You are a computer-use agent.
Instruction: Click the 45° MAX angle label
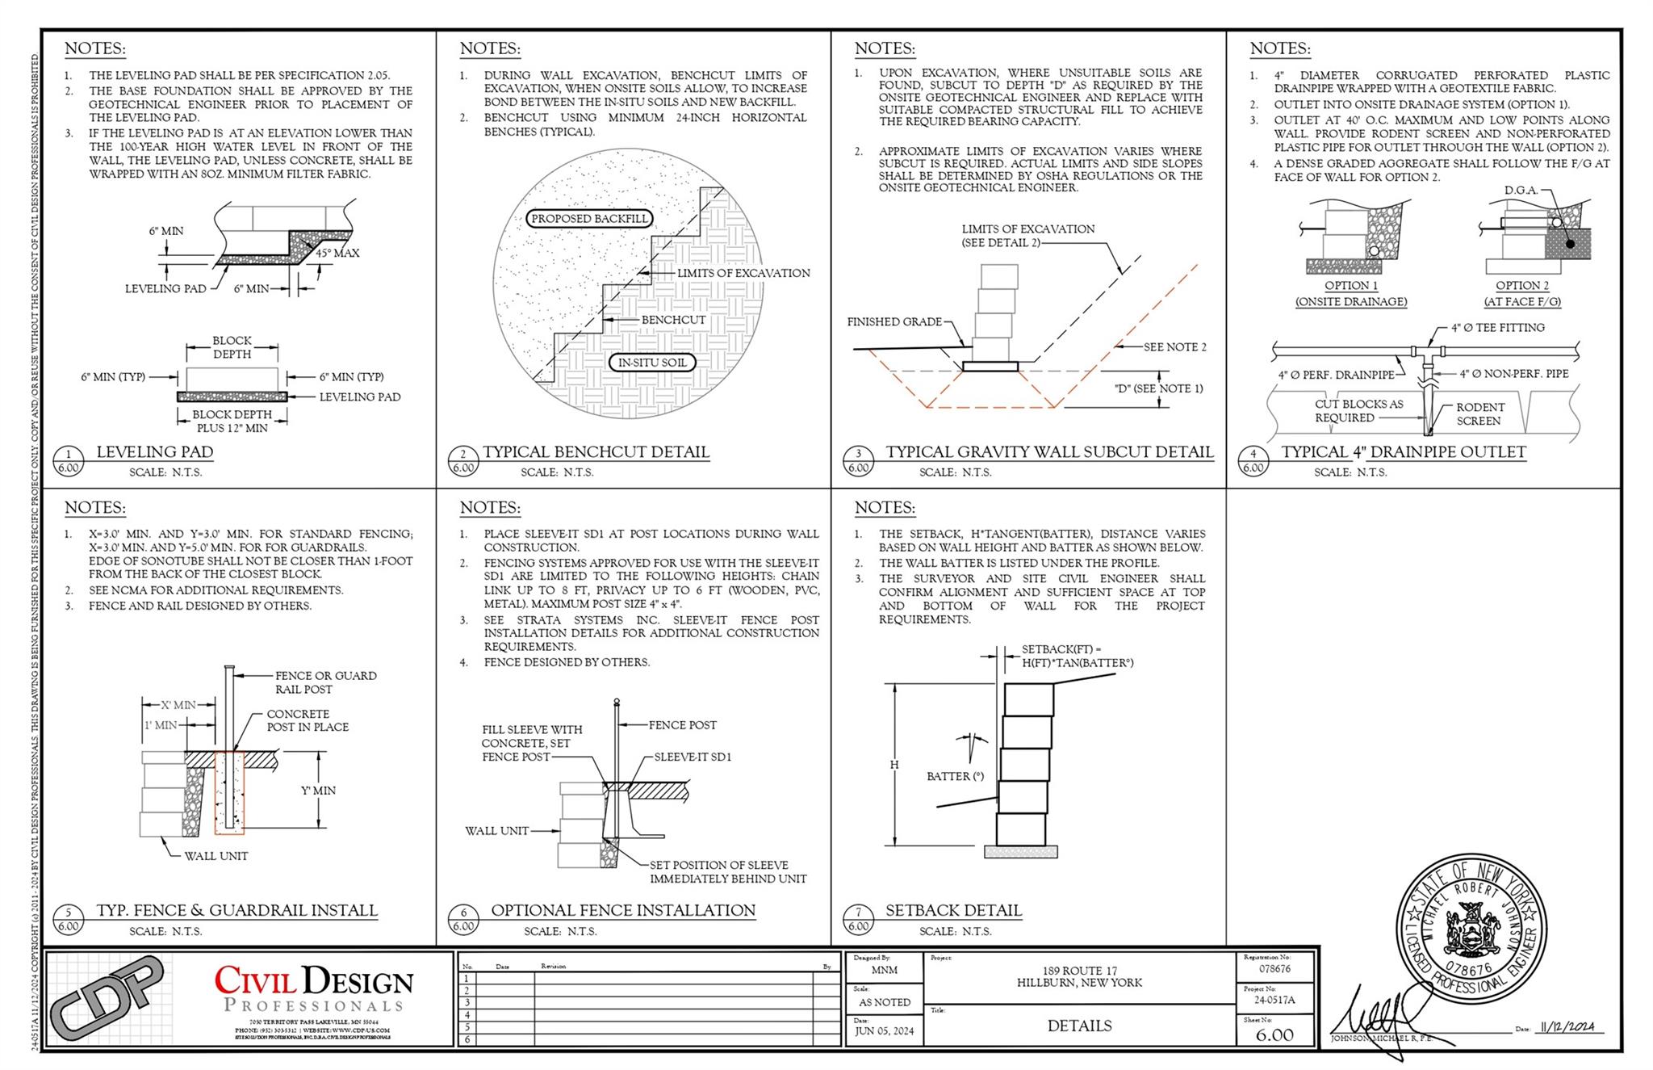pyautogui.click(x=337, y=253)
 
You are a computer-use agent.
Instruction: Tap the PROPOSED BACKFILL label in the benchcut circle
pyautogui.click(x=589, y=219)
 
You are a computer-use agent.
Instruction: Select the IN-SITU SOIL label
pyautogui.click(x=652, y=363)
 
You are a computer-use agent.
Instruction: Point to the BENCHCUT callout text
pyautogui.click(x=673, y=320)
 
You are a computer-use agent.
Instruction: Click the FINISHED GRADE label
pyautogui.click(x=894, y=321)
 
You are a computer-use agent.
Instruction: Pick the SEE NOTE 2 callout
pyautogui.click(x=1174, y=347)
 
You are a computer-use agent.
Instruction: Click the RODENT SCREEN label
pyautogui.click(x=1479, y=413)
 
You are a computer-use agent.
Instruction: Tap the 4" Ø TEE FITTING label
pyautogui.click(x=1497, y=328)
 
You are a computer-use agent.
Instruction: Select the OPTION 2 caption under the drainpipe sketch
pyautogui.click(x=1522, y=286)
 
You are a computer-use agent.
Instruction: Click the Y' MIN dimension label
pyautogui.click(x=318, y=791)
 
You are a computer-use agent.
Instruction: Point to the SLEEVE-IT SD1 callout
pyautogui.click(x=693, y=757)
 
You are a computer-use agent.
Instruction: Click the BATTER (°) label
pyautogui.click(x=955, y=776)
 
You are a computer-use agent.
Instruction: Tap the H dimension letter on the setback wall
pyautogui.click(x=893, y=765)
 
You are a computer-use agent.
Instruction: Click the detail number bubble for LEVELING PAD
pyautogui.click(x=69, y=460)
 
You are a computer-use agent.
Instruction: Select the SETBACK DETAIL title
pyautogui.click(x=953, y=910)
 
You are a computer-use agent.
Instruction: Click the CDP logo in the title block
pyautogui.click(x=107, y=998)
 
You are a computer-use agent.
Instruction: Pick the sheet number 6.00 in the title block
pyautogui.click(x=1274, y=1034)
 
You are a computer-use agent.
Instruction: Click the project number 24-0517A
pyautogui.click(x=1274, y=1000)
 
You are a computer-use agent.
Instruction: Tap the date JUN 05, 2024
pyautogui.click(x=884, y=1030)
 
